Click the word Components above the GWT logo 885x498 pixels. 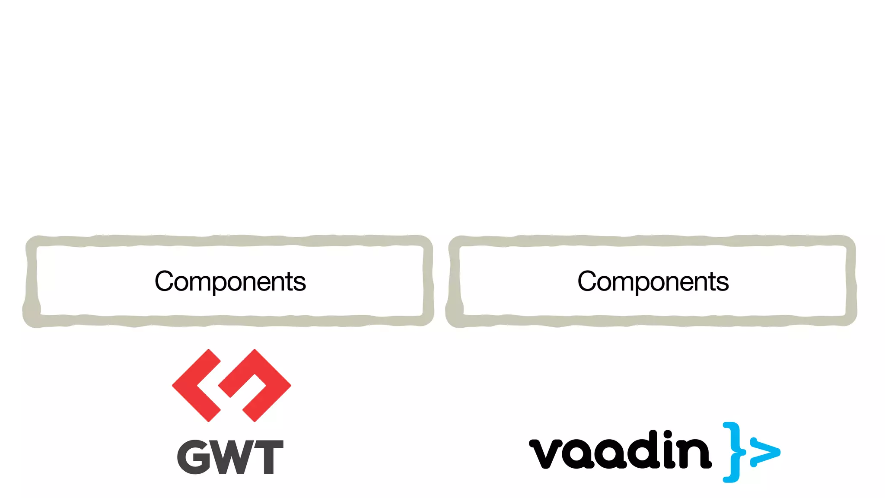230,281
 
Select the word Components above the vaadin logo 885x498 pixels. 653,281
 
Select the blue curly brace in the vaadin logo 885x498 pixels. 733,452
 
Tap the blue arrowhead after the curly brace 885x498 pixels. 765,452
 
